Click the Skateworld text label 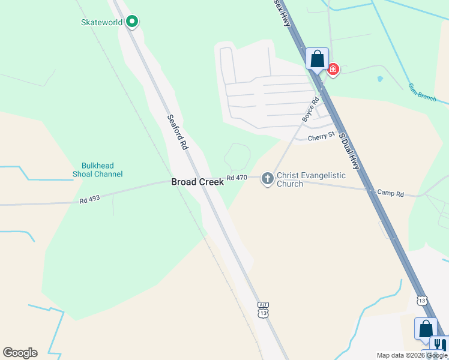pos(101,23)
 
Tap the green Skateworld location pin pos(132,22)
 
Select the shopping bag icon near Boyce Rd pos(317,59)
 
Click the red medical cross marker pos(333,70)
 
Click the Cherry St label pos(321,137)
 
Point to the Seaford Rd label pos(178,133)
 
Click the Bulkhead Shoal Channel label pos(102,170)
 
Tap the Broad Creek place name pos(197,182)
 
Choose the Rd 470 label pos(237,178)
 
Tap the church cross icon pos(267,178)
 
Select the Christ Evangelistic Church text pos(311,179)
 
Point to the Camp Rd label pos(390,193)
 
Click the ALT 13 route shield pos(263,310)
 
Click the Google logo pos(20,353)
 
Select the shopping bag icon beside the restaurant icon pos(426,329)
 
